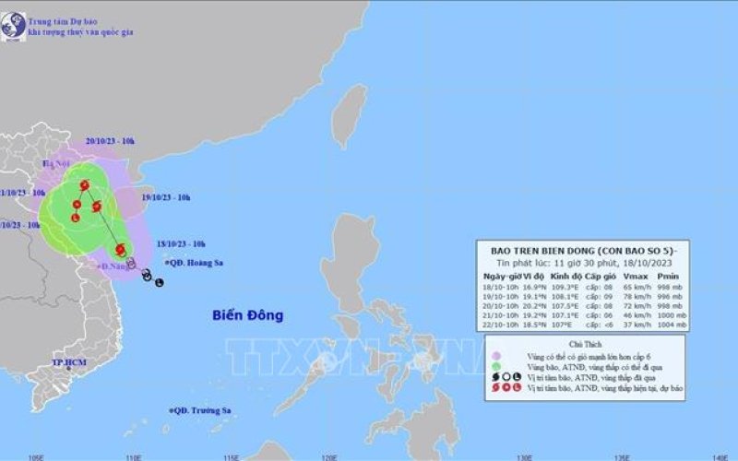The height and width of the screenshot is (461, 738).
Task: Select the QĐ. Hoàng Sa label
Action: [198, 263]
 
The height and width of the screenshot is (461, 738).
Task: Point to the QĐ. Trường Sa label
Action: [202, 411]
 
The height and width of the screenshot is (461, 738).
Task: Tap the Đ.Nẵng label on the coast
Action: [113, 266]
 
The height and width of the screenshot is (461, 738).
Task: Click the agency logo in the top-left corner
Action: [13, 27]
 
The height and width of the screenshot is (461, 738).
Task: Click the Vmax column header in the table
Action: [632, 277]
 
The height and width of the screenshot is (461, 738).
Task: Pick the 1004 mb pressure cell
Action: [671, 325]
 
